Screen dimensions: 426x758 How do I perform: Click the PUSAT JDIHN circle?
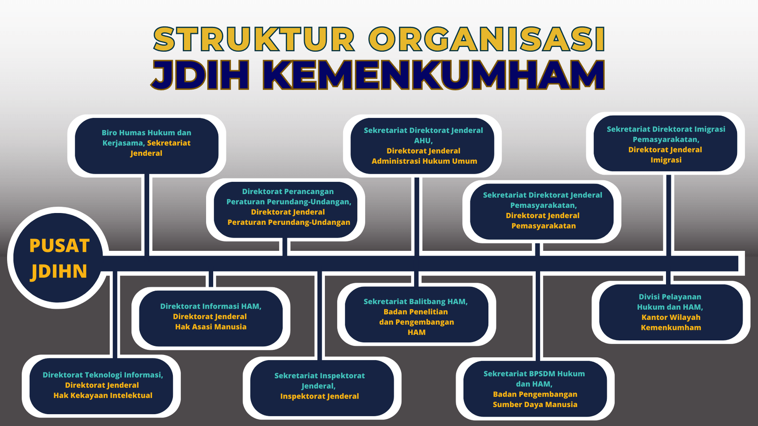[x=59, y=258]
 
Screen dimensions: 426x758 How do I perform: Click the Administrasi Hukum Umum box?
[x=423, y=146]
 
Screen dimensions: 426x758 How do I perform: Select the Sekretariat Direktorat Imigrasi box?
[x=665, y=144]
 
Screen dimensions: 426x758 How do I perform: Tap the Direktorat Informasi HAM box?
[x=210, y=316]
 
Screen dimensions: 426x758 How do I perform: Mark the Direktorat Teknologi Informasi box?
[x=102, y=385]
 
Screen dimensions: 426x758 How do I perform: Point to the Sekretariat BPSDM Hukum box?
[x=534, y=388]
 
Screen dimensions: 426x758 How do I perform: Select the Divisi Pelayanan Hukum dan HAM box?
[x=670, y=312]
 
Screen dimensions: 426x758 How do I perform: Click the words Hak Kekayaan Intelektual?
[x=103, y=395]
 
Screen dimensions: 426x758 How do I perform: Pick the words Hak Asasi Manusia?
[x=211, y=327]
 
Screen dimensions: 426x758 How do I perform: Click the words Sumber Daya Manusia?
[x=535, y=404]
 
